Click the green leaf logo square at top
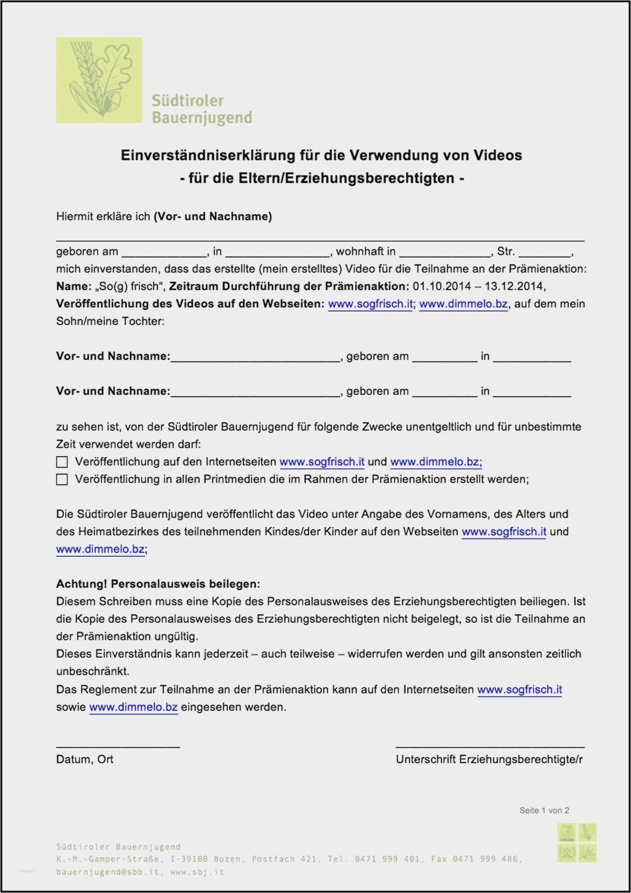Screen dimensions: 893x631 click(x=99, y=80)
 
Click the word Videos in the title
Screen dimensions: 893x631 click(x=497, y=155)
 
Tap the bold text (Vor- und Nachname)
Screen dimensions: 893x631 click(x=213, y=216)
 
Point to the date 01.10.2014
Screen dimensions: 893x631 click(x=442, y=286)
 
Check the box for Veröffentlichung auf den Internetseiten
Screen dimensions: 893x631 click(x=62, y=462)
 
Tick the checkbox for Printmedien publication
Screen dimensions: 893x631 click(x=62, y=479)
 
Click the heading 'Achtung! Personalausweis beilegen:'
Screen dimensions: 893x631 click(x=158, y=584)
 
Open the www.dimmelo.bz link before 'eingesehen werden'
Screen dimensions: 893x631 click(x=133, y=707)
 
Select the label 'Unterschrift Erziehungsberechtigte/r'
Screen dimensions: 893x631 click(x=489, y=759)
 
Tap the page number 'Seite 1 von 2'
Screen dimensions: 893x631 click(x=544, y=810)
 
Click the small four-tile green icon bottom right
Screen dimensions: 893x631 click(x=577, y=843)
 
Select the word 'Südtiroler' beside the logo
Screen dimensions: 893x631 click(x=187, y=101)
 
